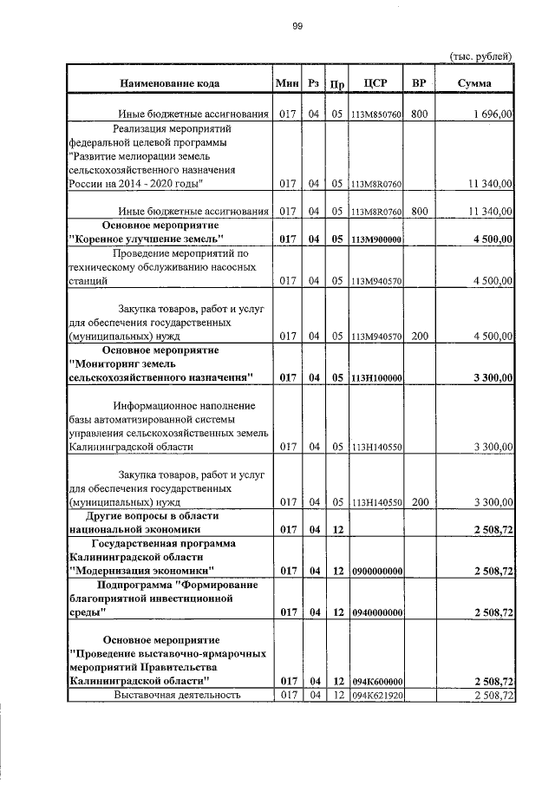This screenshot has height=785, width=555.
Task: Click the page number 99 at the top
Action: (297, 27)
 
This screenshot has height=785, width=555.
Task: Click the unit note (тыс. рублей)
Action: (481, 56)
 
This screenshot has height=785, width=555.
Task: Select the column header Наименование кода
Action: (169, 84)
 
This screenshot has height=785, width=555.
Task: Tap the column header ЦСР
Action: (376, 84)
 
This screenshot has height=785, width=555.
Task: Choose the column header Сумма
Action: (474, 84)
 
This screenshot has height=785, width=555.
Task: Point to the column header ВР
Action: (419, 84)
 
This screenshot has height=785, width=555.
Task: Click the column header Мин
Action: (286, 84)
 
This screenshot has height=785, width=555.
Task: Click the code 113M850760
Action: (376, 114)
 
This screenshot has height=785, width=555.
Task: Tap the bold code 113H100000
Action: (376, 377)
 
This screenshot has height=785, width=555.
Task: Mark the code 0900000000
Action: (376, 570)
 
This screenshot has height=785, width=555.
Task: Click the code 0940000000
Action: (376, 612)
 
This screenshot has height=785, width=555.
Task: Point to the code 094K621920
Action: (376, 696)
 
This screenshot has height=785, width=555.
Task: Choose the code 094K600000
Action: (376, 682)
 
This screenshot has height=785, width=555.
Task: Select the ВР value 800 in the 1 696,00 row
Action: (419, 114)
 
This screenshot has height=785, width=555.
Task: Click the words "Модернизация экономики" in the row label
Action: (141, 570)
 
